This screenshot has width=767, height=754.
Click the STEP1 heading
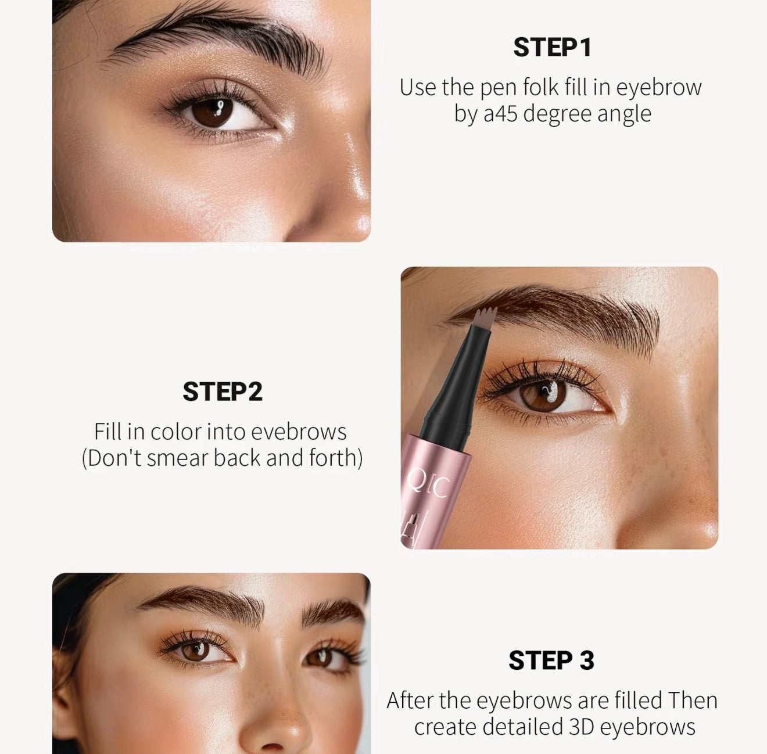click(x=552, y=48)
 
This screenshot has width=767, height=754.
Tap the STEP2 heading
click(x=223, y=392)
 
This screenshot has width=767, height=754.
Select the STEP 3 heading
click(x=551, y=660)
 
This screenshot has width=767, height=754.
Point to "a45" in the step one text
click(x=500, y=114)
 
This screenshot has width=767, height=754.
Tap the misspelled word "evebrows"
click(x=299, y=432)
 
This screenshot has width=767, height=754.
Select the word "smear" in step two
click(x=179, y=458)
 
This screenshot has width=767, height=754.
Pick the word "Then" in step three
click(x=693, y=700)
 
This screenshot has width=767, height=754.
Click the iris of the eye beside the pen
click(x=544, y=396)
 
